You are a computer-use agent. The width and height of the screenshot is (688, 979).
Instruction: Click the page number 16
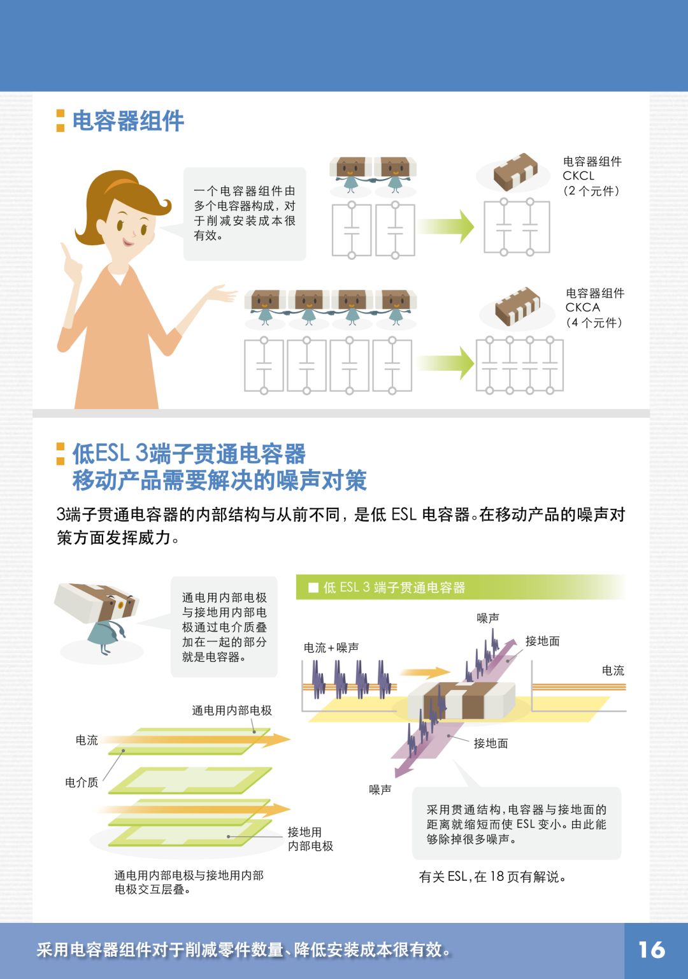point(652,950)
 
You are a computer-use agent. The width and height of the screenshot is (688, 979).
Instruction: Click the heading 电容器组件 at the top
point(128,120)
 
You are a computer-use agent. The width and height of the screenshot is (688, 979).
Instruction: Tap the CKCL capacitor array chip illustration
point(515,172)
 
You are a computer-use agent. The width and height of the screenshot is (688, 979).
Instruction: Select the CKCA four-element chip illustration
point(517,306)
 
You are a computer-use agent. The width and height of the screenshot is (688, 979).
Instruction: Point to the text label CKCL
point(578,176)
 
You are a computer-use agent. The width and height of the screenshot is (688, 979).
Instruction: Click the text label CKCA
point(583,307)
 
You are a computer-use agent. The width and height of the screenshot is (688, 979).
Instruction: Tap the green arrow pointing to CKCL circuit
point(445,226)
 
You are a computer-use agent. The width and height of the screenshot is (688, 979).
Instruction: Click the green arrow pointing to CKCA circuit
point(445,363)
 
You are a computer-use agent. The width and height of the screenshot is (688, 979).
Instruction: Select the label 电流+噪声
point(331,648)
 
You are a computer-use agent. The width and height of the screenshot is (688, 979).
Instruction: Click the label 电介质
point(82,782)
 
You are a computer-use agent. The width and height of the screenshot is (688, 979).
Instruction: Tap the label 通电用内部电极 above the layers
point(232,711)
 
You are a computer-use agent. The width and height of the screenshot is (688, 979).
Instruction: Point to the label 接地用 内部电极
point(310,839)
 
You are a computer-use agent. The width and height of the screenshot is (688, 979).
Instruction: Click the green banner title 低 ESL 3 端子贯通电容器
point(394,587)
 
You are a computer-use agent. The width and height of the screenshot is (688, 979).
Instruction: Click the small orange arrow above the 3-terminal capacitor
point(426,672)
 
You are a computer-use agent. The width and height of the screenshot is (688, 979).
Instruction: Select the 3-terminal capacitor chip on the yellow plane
point(462,700)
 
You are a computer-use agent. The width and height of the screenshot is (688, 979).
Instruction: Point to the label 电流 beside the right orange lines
point(613,671)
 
